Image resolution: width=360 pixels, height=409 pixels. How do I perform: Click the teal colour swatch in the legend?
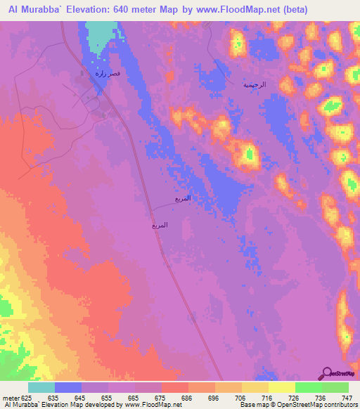pyautogui.click(x=41, y=387)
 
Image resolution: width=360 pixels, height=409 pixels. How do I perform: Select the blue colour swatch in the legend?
pyautogui.click(x=68, y=387)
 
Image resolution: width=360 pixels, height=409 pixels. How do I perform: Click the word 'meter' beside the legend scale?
pyautogui.click(x=10, y=397)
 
